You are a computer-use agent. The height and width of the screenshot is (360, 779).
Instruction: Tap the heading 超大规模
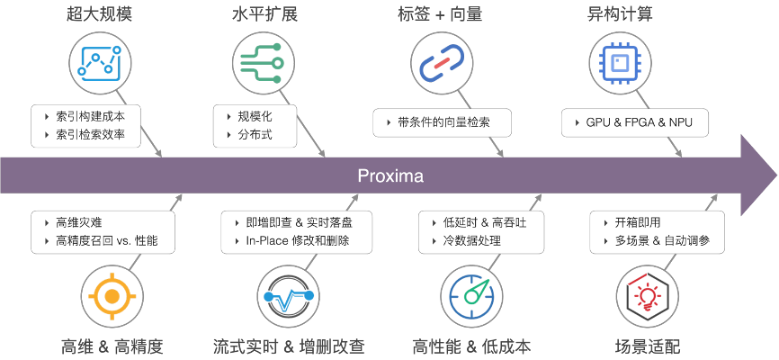pos(98,14)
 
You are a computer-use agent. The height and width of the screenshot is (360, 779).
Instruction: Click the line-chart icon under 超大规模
pos(98,61)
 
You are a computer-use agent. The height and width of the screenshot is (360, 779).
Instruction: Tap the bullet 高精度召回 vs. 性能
pos(106,240)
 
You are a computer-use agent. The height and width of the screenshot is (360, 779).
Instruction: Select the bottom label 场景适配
pos(648,346)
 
